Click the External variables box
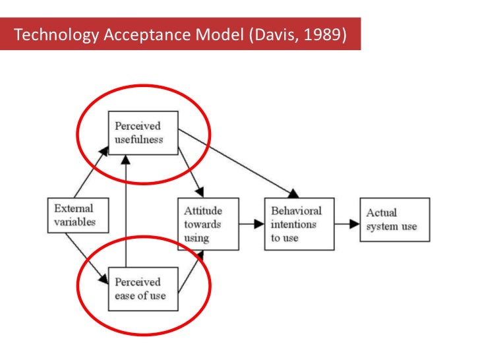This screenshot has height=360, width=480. pyautogui.click(x=75, y=215)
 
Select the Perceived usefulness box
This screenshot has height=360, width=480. pyautogui.click(x=143, y=133)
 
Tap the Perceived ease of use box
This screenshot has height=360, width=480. pyautogui.click(x=142, y=288)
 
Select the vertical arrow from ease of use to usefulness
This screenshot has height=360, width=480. pyautogui.click(x=125, y=211)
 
